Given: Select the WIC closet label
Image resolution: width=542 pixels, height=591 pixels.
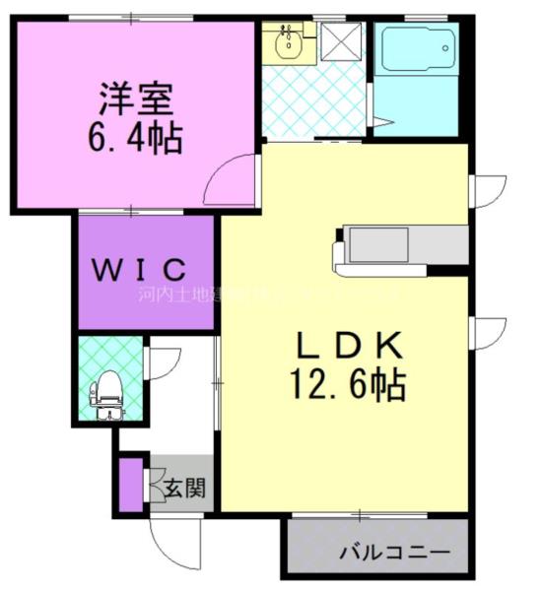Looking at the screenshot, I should [140, 267].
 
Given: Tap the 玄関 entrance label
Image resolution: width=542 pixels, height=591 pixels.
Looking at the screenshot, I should [184, 486].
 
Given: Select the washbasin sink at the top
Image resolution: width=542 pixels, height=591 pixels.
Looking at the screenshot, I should [288, 42].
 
